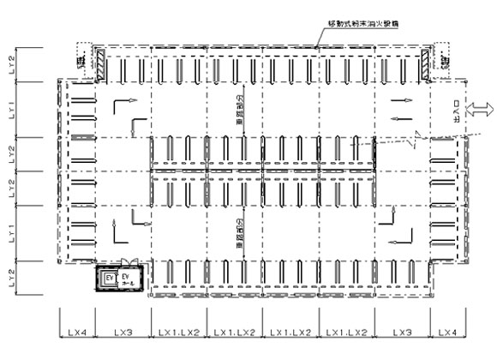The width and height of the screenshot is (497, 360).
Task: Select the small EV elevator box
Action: pyautogui.click(x=109, y=279)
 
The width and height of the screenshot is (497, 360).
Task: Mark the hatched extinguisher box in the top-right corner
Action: pyautogui.click(x=426, y=62)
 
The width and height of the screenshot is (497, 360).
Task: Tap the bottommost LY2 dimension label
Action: pyautogui.click(x=11, y=276)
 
